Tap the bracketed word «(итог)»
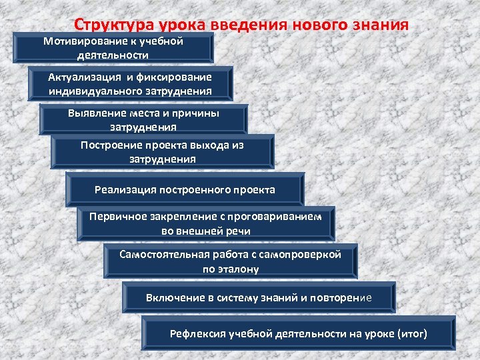(412, 333)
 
